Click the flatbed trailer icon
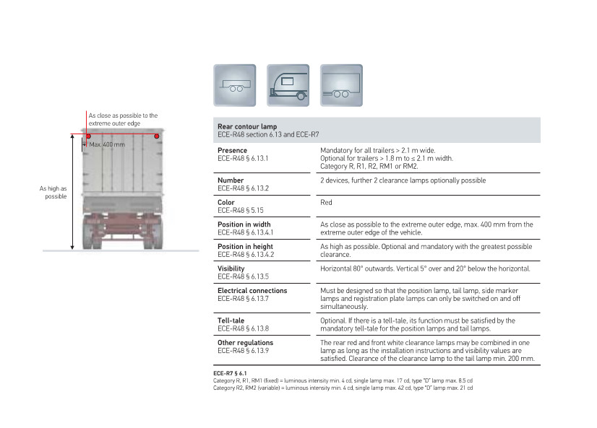[x=234, y=85]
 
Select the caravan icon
[x=288, y=85]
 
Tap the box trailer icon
[x=341, y=85]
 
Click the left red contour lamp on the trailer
[x=89, y=136]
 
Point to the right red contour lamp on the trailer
[x=156, y=136]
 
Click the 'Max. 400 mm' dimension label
[x=107, y=145]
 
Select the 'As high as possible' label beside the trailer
[x=54, y=192]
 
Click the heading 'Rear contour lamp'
[x=247, y=126]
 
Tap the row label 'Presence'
[x=232, y=150]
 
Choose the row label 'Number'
[x=231, y=180]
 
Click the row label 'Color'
[x=226, y=203]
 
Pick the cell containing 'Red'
[x=326, y=203]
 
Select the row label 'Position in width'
[x=244, y=224]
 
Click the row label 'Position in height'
[x=245, y=247]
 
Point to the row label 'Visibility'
[x=231, y=268]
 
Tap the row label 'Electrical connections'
[x=252, y=290]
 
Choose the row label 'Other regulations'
[x=245, y=343]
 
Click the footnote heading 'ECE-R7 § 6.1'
[x=230, y=373]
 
